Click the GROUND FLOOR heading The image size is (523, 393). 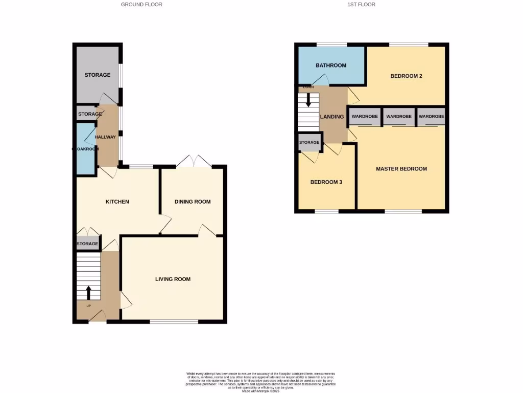[x=141, y=4]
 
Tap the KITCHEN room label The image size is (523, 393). [x=117, y=202]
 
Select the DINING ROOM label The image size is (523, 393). [x=193, y=202]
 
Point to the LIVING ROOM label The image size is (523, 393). [x=173, y=279]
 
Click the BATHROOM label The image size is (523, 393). [x=331, y=65]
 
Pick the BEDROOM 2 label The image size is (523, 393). [x=406, y=76]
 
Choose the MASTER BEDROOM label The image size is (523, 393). [x=401, y=169]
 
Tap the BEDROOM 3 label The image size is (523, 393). [x=326, y=182]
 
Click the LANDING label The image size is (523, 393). [x=331, y=117]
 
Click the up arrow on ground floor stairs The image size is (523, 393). [x=88, y=292]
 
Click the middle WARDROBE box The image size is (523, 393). [x=399, y=117]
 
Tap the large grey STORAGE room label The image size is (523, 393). [x=97, y=75]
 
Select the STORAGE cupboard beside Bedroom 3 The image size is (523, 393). [x=309, y=143]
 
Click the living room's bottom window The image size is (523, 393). [x=174, y=322]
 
